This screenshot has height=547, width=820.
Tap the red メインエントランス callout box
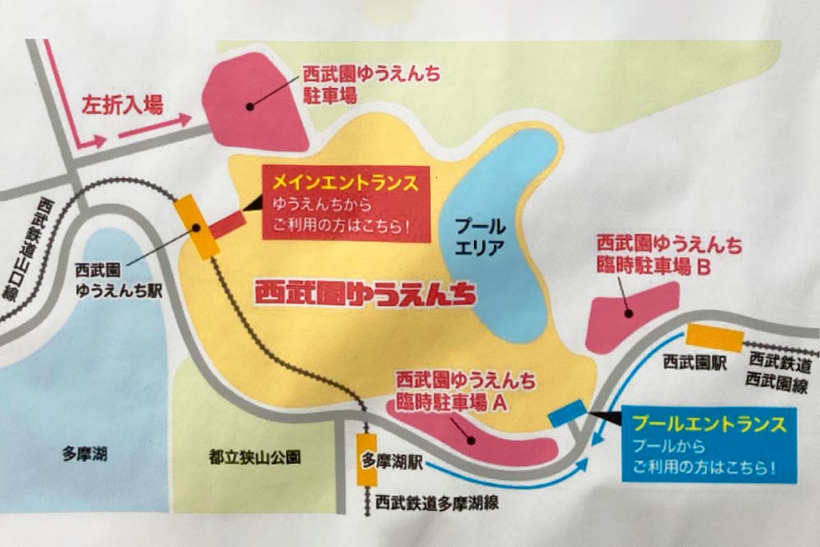pos(345,203)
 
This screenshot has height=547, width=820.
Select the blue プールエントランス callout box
pos(710,444)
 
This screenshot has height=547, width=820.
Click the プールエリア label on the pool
pos(480,237)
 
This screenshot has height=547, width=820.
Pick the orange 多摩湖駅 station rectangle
pos(367,459)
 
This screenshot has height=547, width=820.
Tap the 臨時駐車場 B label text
pos(669,256)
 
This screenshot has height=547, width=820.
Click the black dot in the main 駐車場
pos(250,106)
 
